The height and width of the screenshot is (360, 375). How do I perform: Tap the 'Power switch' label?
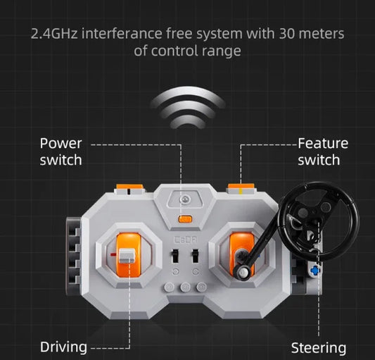pyautogui.click(x=61, y=151)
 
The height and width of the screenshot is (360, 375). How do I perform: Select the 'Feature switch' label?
pyautogui.click(x=323, y=151)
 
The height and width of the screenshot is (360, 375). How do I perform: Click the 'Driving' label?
pyautogui.click(x=63, y=347)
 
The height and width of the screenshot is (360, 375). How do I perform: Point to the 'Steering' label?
pyautogui.click(x=319, y=348)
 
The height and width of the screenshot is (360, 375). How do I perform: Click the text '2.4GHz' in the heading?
pyautogui.click(x=54, y=34)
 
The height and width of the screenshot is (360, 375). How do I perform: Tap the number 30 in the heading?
pyautogui.click(x=286, y=34)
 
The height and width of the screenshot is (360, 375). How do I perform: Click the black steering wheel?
pyautogui.click(x=318, y=221)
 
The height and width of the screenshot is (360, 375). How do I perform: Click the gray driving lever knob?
pyautogui.click(x=127, y=256)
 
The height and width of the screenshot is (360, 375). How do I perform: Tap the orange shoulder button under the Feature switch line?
pyautogui.click(x=241, y=187)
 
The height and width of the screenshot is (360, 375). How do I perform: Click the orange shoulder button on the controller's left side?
pyautogui.click(x=129, y=187)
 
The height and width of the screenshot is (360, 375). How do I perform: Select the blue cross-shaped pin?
pyautogui.click(x=315, y=271)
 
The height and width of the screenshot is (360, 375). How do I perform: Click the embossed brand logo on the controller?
pyautogui.click(x=185, y=240)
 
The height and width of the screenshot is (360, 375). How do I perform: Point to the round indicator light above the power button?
pyautogui.click(x=185, y=199)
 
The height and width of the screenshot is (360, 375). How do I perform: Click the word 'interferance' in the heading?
pyautogui.click(x=122, y=34)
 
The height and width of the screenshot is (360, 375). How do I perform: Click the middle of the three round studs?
pyautogui.click(x=185, y=287)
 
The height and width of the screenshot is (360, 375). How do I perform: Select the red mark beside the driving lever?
pyautogui.click(x=113, y=254)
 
